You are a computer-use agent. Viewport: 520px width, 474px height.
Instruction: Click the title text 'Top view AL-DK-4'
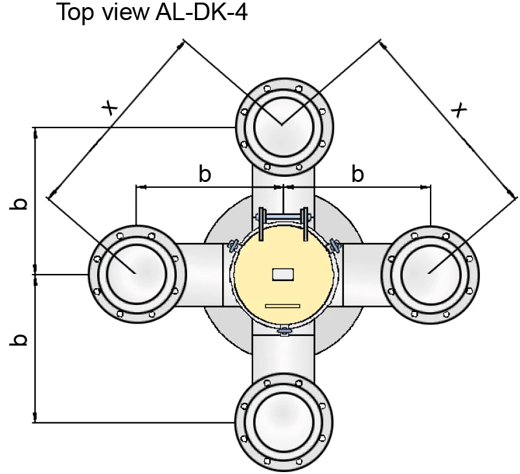152,12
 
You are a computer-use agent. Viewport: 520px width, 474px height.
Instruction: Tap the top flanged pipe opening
284,128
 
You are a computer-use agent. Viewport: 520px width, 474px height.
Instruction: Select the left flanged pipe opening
137,275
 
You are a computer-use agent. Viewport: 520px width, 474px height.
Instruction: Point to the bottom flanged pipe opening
284,422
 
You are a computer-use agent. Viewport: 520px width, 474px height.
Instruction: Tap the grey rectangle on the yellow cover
283,275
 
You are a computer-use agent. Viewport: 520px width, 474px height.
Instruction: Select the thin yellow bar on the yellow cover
282,306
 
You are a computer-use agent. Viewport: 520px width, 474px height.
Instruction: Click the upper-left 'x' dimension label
110,107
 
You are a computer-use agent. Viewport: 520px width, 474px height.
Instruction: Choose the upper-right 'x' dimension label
459,109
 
